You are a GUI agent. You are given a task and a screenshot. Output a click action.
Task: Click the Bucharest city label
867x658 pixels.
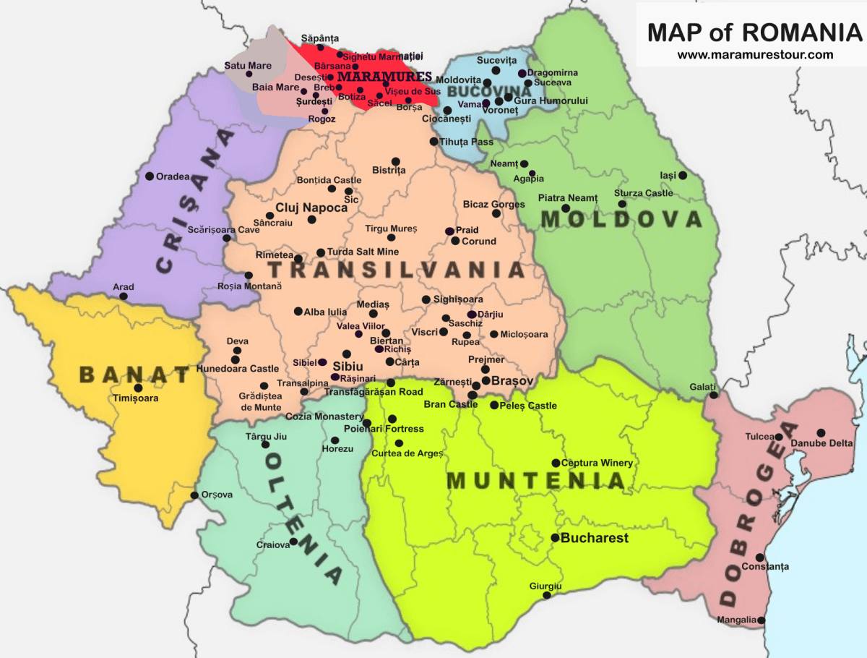(x=595, y=539)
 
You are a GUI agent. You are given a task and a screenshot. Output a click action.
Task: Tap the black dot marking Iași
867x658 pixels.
(x=683, y=175)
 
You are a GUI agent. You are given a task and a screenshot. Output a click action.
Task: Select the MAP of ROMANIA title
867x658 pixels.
(x=750, y=33)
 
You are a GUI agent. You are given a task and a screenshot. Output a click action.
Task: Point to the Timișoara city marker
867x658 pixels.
(x=139, y=388)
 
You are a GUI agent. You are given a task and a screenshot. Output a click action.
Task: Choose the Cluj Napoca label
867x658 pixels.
(x=311, y=208)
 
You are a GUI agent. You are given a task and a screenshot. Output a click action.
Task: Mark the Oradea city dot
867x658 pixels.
(x=150, y=176)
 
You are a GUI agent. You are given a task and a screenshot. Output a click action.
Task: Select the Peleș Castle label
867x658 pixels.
(x=528, y=406)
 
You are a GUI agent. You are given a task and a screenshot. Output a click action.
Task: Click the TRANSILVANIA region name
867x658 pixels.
(x=396, y=270)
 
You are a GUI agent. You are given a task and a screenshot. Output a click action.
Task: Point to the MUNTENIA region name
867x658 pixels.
(x=536, y=481)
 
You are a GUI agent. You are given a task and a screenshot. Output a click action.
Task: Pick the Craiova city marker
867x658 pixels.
(x=293, y=541)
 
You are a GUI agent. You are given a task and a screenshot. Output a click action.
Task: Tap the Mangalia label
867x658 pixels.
(x=736, y=620)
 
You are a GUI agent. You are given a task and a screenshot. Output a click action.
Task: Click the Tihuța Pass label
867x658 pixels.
(x=467, y=142)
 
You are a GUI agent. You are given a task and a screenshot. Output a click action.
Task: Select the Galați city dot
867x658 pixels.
(x=714, y=395)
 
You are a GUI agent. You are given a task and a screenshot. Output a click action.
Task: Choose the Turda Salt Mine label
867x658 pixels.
(x=363, y=252)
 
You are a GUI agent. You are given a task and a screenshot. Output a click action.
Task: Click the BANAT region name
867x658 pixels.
(x=134, y=375)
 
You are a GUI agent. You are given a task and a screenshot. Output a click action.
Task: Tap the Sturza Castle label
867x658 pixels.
(x=644, y=193)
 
